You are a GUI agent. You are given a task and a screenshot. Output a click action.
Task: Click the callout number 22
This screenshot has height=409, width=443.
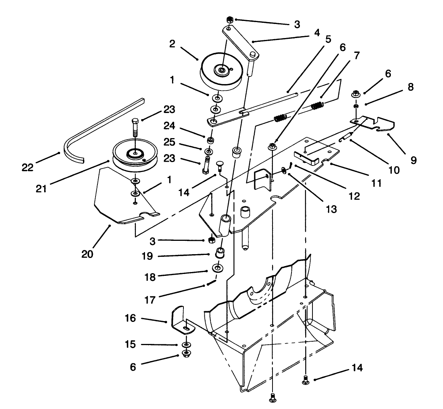(x=27, y=167)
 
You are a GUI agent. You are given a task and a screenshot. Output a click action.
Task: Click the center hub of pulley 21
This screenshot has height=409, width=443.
(x=134, y=153)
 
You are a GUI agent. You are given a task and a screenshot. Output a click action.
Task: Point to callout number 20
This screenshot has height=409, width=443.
(x=87, y=254)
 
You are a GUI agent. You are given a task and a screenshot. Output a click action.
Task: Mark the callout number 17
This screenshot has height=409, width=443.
(x=150, y=299)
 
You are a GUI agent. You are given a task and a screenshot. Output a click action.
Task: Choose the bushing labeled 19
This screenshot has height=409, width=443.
(x=220, y=252)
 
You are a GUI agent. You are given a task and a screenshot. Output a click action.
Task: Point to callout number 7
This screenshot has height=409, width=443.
(x=355, y=56)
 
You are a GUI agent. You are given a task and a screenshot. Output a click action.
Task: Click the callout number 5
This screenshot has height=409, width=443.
(x=328, y=39)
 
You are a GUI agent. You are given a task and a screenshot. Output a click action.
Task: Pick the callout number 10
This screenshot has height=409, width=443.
(x=394, y=170)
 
